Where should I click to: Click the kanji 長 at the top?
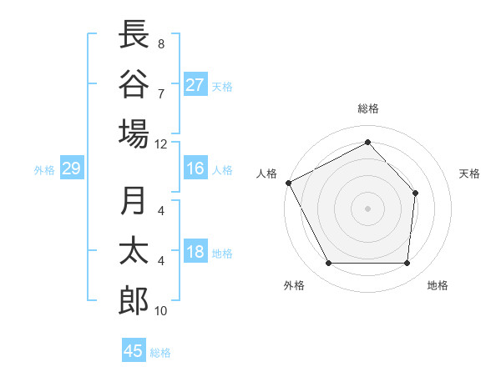(x=134, y=34)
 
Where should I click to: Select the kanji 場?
(x=134, y=133)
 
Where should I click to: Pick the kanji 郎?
(x=134, y=301)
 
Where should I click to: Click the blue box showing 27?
(x=195, y=85)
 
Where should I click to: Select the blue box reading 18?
(x=195, y=253)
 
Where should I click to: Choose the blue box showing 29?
(x=71, y=169)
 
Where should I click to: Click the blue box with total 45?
(x=134, y=351)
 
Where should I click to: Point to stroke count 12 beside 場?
(x=161, y=143)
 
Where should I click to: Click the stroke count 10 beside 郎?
(x=161, y=311)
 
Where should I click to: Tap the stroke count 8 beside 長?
(x=161, y=43)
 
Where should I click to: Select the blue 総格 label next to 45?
(x=160, y=352)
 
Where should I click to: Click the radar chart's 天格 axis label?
(x=470, y=173)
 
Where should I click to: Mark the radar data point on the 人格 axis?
(x=288, y=183)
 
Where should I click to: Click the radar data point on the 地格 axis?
(x=407, y=264)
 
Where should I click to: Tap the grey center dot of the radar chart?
(x=367, y=208)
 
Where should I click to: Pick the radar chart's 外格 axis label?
(x=294, y=285)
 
